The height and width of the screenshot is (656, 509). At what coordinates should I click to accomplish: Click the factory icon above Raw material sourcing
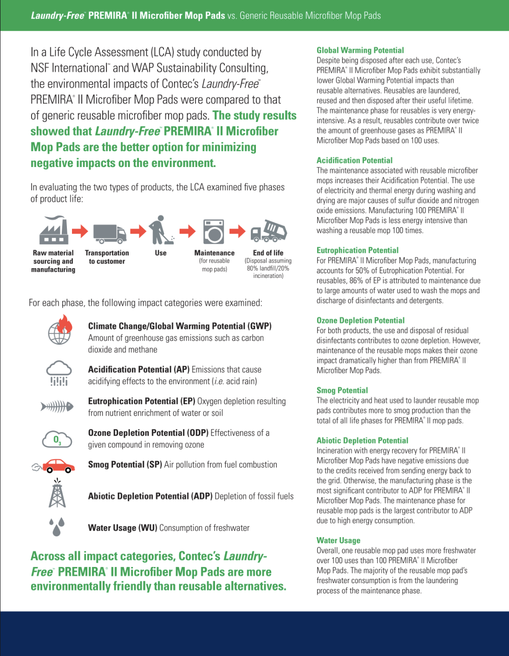coord(54,230)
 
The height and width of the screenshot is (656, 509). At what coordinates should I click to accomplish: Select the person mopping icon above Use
coord(161,230)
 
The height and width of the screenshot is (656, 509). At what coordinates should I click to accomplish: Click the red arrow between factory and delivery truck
coord(80,231)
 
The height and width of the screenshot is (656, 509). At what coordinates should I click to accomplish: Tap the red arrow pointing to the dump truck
coord(237,231)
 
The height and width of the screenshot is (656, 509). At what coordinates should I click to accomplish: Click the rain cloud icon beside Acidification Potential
coord(59,374)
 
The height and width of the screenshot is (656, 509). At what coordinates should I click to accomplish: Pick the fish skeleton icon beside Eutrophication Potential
coord(57,406)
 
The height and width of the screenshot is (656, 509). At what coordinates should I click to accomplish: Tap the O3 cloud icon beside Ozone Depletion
coord(57,439)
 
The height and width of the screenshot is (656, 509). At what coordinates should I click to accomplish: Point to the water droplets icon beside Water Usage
coord(57,527)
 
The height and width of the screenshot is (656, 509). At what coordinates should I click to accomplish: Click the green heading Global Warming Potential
coord(360,50)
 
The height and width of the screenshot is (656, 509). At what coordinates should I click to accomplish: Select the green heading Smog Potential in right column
coord(342,390)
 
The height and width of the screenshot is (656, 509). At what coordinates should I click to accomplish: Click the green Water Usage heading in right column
coord(338,540)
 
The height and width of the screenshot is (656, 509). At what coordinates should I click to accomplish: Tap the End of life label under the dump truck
coord(268,253)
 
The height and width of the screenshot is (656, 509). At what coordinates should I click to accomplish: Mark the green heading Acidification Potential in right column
coord(354,160)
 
